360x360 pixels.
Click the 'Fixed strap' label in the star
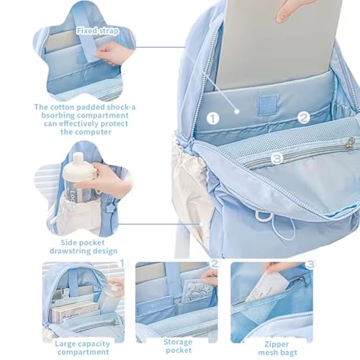click(97, 32)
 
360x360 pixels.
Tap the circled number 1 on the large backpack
click(213, 117)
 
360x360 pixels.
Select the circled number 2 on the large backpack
click(303, 117)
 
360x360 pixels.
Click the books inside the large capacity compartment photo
click(65, 310)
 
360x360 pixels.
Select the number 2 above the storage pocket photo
click(213, 264)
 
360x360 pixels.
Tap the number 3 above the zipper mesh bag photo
click(310, 264)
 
